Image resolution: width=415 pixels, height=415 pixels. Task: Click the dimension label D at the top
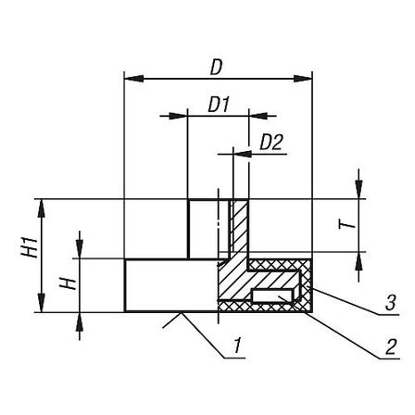(x=216, y=68)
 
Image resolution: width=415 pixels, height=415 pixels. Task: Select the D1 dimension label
(x=219, y=105)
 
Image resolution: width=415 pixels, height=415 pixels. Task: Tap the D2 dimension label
(x=271, y=143)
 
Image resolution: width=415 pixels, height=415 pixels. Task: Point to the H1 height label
(x=30, y=247)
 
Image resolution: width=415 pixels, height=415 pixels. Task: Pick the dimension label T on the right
(x=346, y=224)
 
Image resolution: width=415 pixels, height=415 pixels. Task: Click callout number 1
(x=237, y=346)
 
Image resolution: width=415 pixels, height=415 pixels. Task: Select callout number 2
(x=390, y=346)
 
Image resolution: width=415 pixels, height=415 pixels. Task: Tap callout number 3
(x=390, y=303)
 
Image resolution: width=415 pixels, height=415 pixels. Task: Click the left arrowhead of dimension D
(x=133, y=78)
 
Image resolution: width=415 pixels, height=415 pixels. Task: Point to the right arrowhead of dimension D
(x=303, y=78)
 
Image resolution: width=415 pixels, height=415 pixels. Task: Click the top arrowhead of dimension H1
(x=41, y=209)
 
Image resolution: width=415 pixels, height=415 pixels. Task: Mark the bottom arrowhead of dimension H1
(x=41, y=303)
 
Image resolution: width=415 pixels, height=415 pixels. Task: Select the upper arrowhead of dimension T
(x=358, y=189)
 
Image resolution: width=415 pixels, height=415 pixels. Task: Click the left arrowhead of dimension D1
(x=178, y=116)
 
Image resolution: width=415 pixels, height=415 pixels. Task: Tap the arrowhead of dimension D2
(x=243, y=154)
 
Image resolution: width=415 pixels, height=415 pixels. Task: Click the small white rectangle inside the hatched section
(x=274, y=296)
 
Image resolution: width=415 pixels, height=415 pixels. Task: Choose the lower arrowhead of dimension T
(x=358, y=262)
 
